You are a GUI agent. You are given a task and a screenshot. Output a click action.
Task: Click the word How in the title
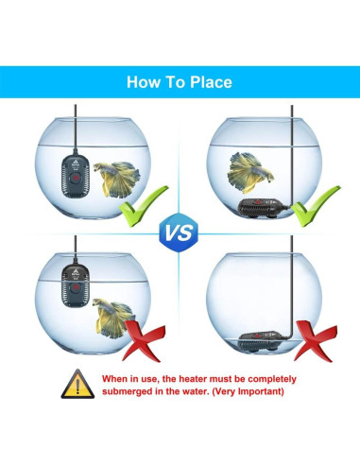point(143,82)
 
